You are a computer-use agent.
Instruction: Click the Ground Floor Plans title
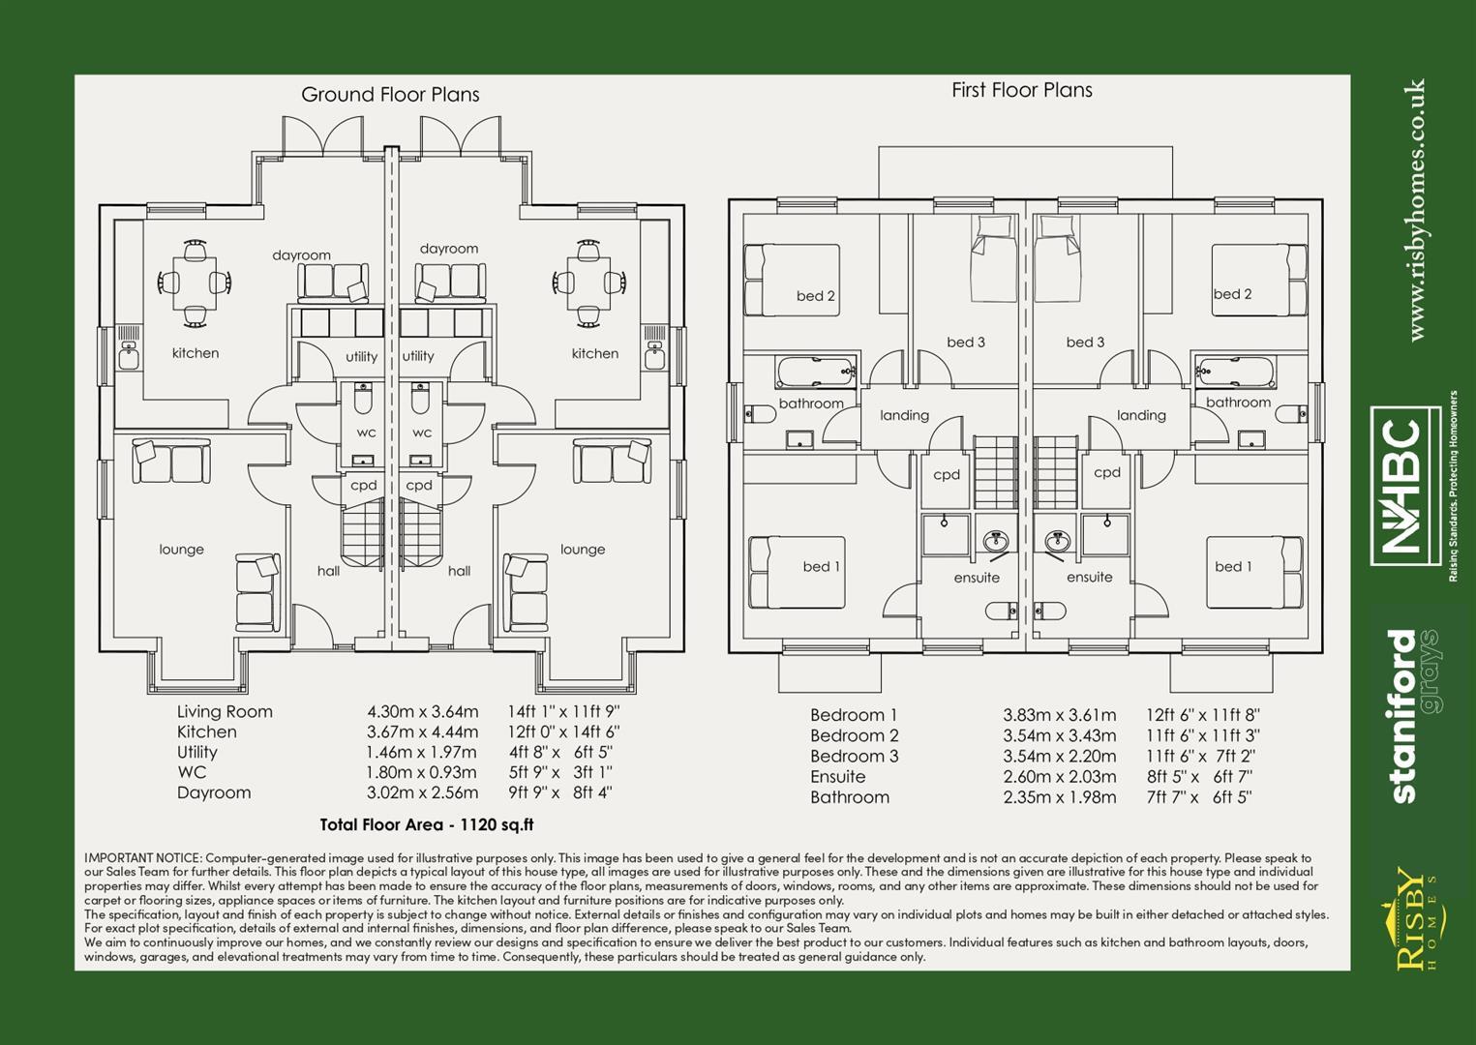point(390,95)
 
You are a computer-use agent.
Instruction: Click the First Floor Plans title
point(1021,90)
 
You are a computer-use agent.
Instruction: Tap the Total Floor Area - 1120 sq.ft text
point(426,825)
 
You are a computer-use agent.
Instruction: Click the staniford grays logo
point(1413,716)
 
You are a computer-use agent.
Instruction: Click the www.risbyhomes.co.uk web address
point(1416,210)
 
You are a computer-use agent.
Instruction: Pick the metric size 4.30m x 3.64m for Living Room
point(422,712)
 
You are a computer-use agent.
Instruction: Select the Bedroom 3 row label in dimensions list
point(854,757)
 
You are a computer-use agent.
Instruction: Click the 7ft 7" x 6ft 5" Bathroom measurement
point(1198,798)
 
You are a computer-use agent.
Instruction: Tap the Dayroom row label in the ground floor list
point(214,793)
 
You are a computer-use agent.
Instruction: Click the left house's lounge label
point(182,550)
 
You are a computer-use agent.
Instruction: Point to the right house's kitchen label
point(594,354)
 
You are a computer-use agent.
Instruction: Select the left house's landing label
point(904,416)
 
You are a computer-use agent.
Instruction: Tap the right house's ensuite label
point(1089,578)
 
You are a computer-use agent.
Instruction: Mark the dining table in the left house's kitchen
point(195,282)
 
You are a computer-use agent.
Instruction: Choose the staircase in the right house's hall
point(421,539)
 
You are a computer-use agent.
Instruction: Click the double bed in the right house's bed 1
point(1254,571)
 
